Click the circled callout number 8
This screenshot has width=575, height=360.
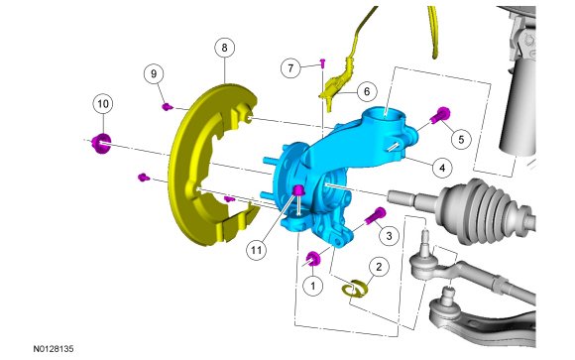point(224,48)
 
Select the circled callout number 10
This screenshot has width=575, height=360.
point(103,104)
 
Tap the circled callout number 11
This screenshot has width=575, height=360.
point(256,250)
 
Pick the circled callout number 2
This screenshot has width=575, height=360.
point(379,267)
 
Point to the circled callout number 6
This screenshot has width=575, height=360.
point(367,91)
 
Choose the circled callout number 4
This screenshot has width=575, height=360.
point(442,168)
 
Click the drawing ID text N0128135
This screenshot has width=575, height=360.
point(54,349)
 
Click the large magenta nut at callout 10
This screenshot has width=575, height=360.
point(101,143)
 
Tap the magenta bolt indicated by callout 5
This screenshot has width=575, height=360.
point(440,115)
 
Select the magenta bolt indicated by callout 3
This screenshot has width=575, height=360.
point(376,215)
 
